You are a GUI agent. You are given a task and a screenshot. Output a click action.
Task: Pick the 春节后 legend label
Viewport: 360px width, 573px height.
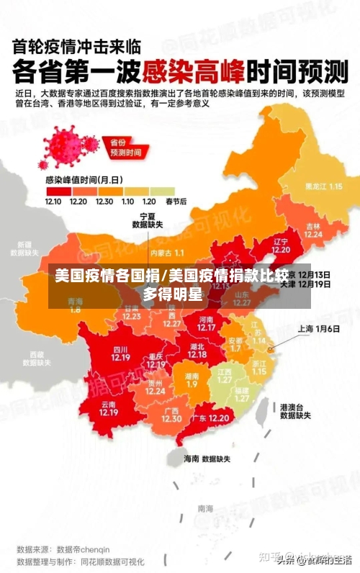coord(176,202)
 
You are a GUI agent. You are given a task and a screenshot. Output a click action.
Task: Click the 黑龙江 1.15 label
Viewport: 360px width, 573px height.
coord(323,186)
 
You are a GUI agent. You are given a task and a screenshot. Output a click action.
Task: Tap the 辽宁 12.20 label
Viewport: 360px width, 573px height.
coord(281,245)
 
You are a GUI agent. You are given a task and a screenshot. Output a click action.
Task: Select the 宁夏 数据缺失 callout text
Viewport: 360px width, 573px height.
coord(147,220)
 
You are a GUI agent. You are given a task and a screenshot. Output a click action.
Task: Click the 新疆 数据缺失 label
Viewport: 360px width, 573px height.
coord(24,248)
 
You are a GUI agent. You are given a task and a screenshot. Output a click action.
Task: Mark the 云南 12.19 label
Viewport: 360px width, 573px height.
coord(109,408)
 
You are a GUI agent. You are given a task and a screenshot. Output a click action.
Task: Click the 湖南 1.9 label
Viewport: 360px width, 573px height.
coord(192,380)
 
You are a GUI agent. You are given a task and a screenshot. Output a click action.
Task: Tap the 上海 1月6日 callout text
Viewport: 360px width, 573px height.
coord(318,329)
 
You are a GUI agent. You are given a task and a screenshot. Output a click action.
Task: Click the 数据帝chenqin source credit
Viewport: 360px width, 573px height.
coord(86,549)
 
